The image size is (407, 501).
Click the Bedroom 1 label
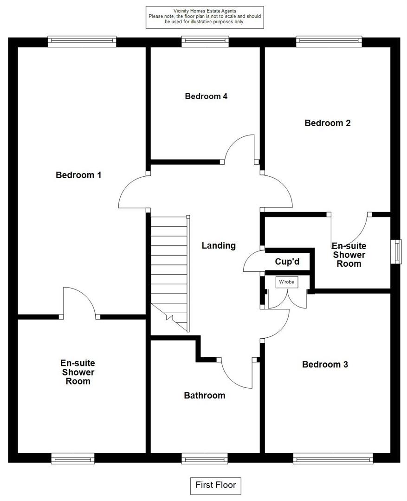78,175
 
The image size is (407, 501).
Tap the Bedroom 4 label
206,96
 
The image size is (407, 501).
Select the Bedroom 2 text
327,123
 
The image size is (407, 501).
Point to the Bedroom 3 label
325,365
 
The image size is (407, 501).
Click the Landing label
219,246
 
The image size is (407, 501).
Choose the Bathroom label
205,396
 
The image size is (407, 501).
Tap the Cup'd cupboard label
287,262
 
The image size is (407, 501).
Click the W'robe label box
287,282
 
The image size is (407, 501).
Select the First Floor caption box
215,486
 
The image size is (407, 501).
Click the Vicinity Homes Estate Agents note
205,17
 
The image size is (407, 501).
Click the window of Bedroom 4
205,42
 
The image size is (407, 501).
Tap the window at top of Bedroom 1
82,42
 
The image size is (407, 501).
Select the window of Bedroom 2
329,42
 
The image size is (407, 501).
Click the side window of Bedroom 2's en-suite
396,252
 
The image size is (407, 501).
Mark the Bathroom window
205,458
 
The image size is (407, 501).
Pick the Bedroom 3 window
333,458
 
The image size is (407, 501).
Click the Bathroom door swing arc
232,381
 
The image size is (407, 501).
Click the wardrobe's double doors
287,299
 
